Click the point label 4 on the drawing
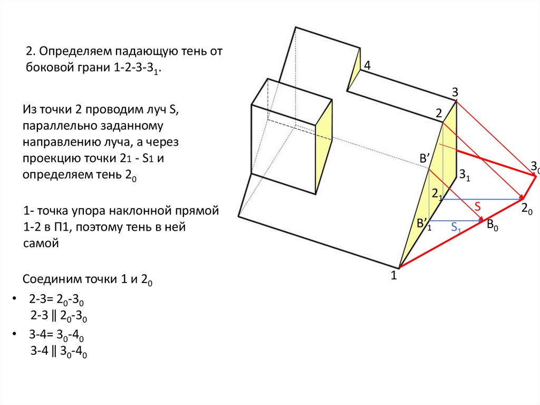tap(367, 66)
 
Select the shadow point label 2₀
tap(526, 209)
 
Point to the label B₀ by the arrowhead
tap(493, 225)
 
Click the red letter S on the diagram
tap(477, 206)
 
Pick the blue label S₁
tap(457, 229)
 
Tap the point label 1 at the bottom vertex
tap(393, 275)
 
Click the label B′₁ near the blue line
tap(424, 224)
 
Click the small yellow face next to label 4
tap(354, 69)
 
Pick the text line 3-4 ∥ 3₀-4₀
tap(58, 351)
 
